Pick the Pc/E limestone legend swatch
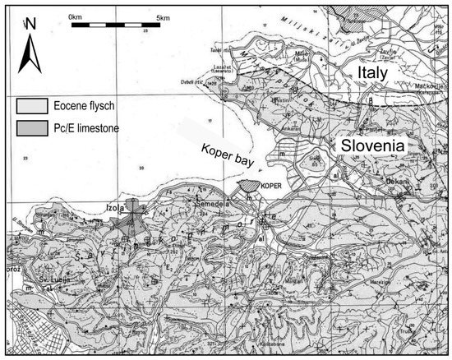point(30,127)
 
